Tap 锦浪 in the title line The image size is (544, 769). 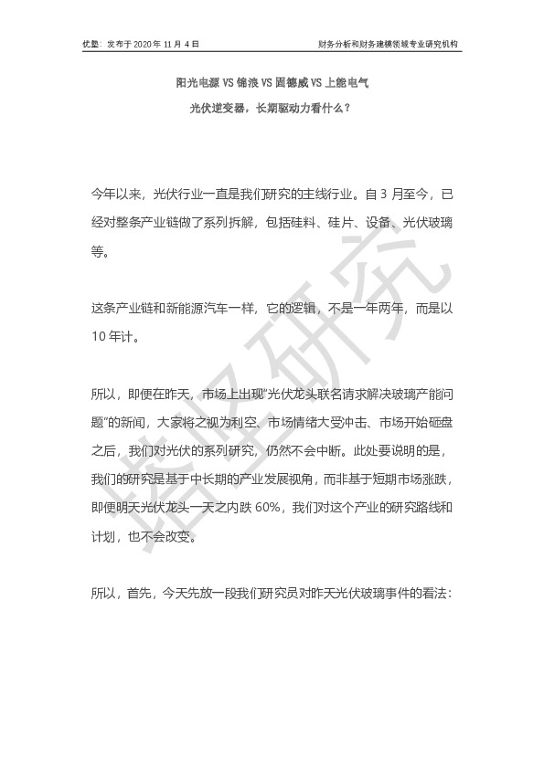point(250,83)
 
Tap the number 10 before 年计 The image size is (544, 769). point(100,333)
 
